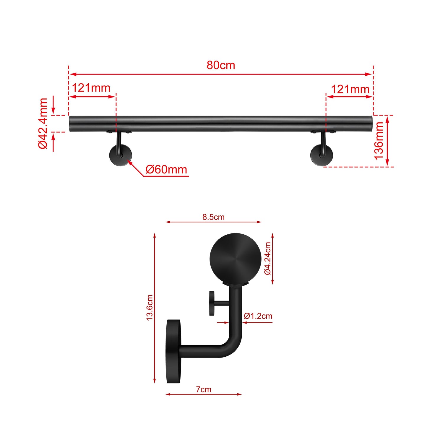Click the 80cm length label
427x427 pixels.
tap(221, 65)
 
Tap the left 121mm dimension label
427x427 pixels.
tap(91, 88)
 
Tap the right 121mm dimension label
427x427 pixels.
tap(350, 89)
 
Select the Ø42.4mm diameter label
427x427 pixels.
tap(43, 123)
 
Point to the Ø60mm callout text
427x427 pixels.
tap(166, 170)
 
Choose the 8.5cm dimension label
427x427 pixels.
tap(213, 217)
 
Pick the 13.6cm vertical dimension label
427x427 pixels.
tap(150, 308)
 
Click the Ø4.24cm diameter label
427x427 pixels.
tap(267, 259)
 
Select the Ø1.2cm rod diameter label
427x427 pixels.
tap(258, 316)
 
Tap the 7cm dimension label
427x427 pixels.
tap(204, 389)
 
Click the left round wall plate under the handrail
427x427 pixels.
tap(121, 156)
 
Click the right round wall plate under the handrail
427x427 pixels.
tap(322, 156)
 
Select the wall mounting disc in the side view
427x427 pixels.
tap(173, 351)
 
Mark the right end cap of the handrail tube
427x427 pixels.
tap(370, 124)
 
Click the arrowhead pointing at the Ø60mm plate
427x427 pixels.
tap(129, 162)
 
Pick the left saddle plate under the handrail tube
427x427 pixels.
tap(119, 132)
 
